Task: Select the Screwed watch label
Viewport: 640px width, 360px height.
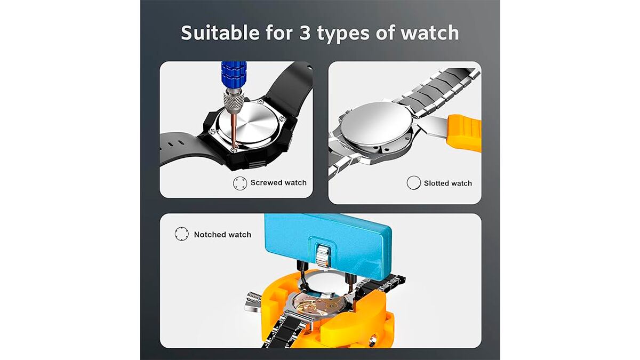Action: pyautogui.click(x=278, y=182)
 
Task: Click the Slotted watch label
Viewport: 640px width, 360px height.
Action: pyautogui.click(x=447, y=183)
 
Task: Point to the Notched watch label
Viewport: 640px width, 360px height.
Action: pyautogui.click(x=222, y=235)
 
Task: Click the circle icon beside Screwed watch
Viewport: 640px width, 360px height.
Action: pyautogui.click(x=239, y=183)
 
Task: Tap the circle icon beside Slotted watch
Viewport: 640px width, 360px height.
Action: pyautogui.click(x=413, y=183)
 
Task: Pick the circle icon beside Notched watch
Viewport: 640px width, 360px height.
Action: pyautogui.click(x=181, y=234)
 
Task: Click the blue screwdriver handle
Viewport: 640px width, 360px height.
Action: pyautogui.click(x=233, y=75)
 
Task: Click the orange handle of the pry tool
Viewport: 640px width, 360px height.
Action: pyautogui.click(x=463, y=133)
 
